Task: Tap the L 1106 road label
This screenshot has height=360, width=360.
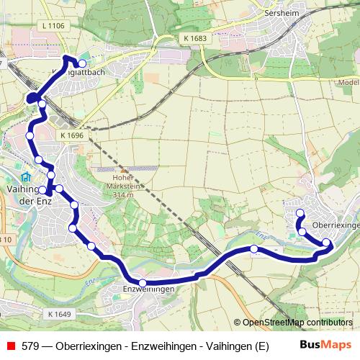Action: [54, 27]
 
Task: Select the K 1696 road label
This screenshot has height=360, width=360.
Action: [72, 135]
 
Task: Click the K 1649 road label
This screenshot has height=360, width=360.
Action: [60, 314]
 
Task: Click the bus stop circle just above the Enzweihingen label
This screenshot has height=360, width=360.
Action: [143, 282]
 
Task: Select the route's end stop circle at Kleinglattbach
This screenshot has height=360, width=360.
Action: [82, 63]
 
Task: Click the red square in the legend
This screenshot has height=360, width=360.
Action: [10, 346]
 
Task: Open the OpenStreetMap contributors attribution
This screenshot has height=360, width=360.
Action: [297, 323]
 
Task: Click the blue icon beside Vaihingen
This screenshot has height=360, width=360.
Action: [26, 177]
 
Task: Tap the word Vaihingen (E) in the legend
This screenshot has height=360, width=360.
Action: [239, 346]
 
